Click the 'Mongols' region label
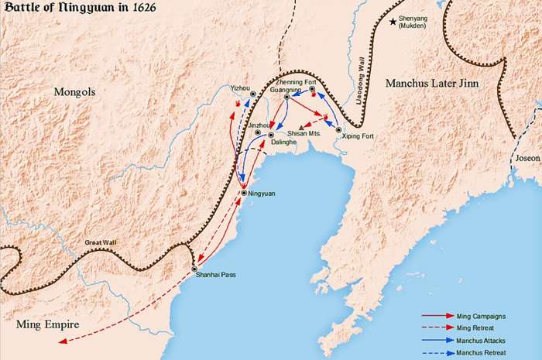tap(74, 92)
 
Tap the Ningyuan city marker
tap(245, 193)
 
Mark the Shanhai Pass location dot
tap(195, 269)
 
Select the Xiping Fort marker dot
tap(339, 129)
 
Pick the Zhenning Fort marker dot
tap(313, 90)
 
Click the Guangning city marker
tap(286, 98)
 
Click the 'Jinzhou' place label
tap(259, 124)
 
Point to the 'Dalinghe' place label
tap(283, 143)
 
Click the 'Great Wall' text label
tap(100, 242)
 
